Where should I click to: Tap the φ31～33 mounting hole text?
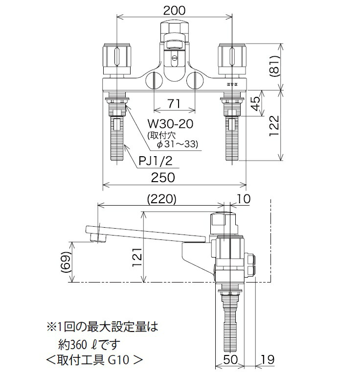179,144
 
